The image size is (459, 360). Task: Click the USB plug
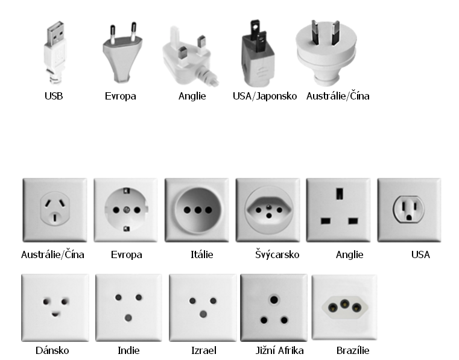[x=55, y=52]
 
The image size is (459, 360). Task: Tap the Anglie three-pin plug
[x=191, y=57]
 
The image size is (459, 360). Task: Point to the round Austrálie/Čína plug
[x=326, y=52]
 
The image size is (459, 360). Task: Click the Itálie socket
[x=197, y=210]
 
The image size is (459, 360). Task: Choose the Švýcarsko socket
[x=268, y=210]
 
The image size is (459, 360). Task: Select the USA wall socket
[x=409, y=210]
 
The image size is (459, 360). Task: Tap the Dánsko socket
[x=55, y=308]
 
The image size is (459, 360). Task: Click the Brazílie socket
[x=344, y=308]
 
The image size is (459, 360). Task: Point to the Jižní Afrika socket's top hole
[x=274, y=300]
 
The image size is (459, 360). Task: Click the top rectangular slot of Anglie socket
[x=340, y=194]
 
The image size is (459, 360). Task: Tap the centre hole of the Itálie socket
[x=198, y=210]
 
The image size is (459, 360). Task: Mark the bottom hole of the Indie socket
[x=128, y=318]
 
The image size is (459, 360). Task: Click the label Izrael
[x=204, y=350]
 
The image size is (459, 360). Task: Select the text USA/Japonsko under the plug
[x=265, y=96]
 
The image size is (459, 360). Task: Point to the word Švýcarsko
[x=277, y=254]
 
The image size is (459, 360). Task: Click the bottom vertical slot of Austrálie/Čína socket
[x=54, y=218]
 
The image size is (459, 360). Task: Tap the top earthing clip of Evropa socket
[x=127, y=191]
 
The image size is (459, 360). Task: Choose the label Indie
[x=128, y=350]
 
